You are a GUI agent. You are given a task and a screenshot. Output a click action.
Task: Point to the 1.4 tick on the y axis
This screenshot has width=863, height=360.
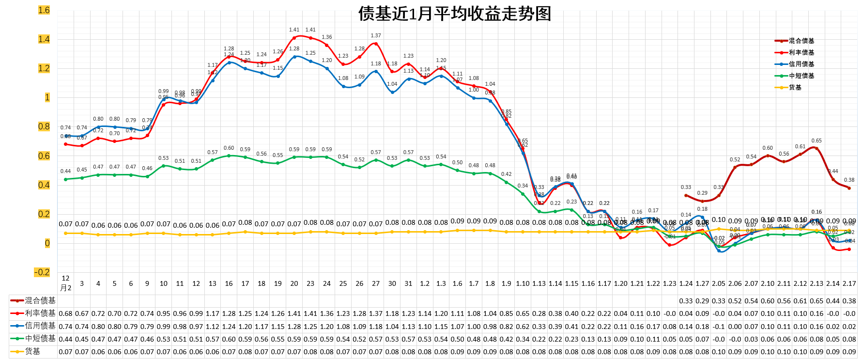point(44,39)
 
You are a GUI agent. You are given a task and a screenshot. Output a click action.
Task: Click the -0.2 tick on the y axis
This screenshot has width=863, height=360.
point(42,272)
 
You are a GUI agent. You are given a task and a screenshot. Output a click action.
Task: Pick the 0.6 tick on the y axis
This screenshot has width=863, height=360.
point(44,156)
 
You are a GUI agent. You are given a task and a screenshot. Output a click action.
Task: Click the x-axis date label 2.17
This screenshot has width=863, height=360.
point(849,283)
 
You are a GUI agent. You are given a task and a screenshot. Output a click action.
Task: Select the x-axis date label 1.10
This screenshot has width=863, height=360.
point(523,283)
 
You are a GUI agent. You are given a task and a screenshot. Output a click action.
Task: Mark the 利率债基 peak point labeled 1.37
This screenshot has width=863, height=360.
point(376,44)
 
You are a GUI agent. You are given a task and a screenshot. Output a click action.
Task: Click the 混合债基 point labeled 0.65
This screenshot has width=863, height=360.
point(817,148)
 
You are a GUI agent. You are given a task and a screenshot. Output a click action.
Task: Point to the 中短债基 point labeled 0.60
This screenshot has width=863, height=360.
point(229,156)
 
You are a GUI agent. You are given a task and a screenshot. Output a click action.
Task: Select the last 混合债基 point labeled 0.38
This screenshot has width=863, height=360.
point(849,188)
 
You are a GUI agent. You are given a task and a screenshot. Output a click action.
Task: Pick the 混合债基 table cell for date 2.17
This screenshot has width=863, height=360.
point(849,301)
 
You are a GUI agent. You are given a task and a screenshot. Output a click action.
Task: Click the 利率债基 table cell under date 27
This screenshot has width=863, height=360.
point(376,313)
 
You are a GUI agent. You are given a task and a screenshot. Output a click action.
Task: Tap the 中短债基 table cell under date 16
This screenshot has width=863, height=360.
point(229,339)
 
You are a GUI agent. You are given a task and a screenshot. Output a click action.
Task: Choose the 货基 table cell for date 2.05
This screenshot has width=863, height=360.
point(719,352)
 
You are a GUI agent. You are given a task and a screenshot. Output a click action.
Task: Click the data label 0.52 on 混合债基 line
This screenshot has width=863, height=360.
point(735,159)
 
